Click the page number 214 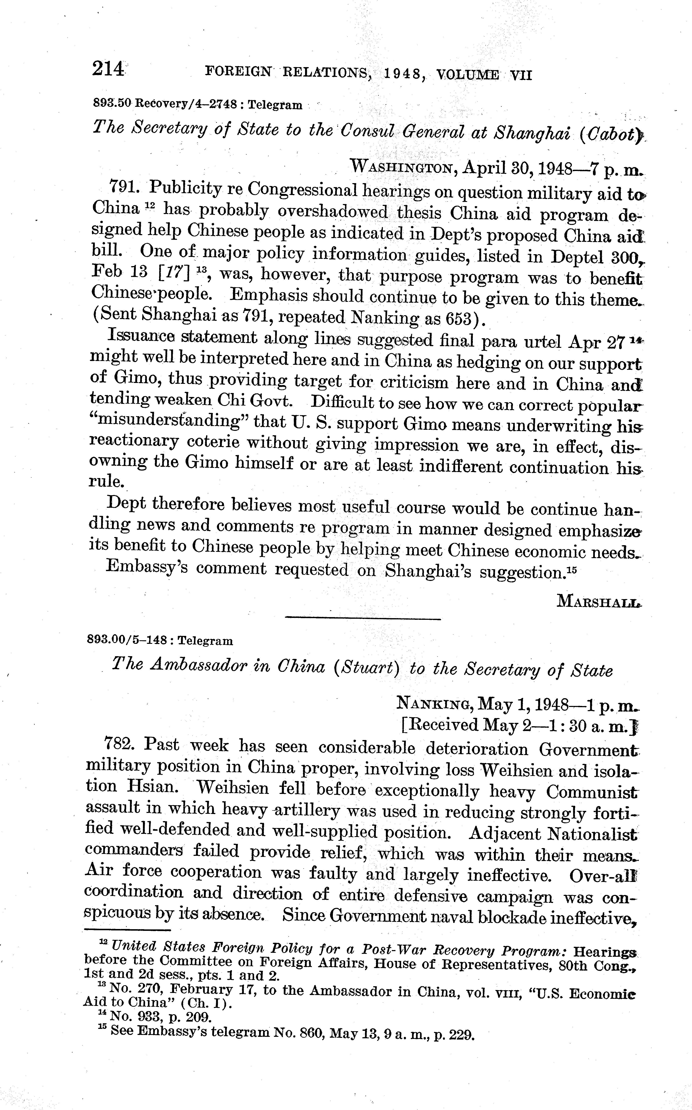pos(108,69)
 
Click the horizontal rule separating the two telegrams pos(363,619)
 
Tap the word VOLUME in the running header pos(468,74)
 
